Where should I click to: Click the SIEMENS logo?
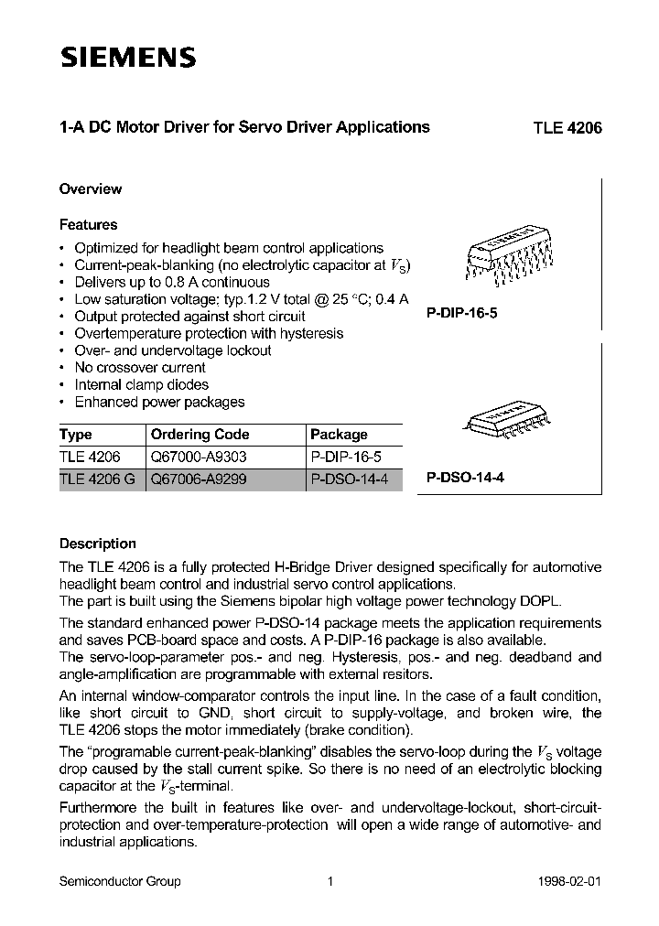128,58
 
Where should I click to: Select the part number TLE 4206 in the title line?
567,128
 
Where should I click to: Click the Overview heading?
91,189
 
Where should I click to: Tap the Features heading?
88,224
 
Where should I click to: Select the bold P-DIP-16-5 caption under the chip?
463,312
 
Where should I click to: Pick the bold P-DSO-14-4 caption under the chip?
465,478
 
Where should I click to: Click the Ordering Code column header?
200,435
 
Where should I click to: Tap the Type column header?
76,435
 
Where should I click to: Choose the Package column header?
339,435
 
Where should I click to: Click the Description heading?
97,544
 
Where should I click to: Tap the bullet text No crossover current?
140,368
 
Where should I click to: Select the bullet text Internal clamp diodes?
141,385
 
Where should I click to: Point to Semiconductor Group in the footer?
120,881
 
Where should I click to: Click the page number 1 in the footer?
329,881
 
